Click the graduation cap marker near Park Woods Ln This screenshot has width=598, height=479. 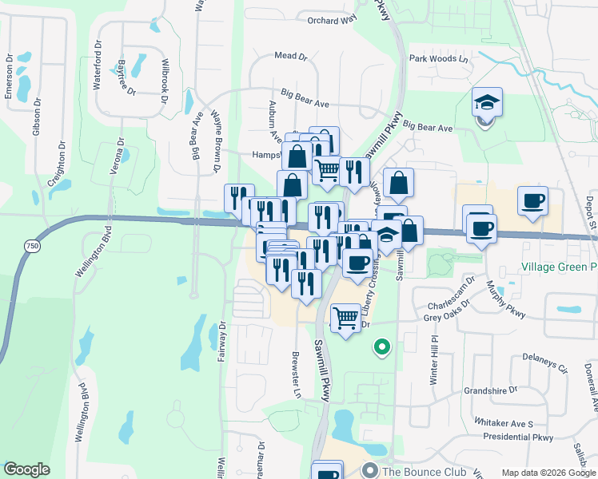486,104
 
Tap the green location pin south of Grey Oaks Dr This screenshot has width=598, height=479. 382,347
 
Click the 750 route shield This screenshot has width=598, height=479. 31,247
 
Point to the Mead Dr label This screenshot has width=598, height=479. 290,57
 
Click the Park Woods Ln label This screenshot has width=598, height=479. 438,59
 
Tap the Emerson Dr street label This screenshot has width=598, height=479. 9,76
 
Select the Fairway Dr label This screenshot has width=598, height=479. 222,342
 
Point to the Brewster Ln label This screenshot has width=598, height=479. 296,374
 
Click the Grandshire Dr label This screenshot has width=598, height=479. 490,391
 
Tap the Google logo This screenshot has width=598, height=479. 26,469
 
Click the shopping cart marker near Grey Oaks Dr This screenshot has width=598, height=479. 345,319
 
